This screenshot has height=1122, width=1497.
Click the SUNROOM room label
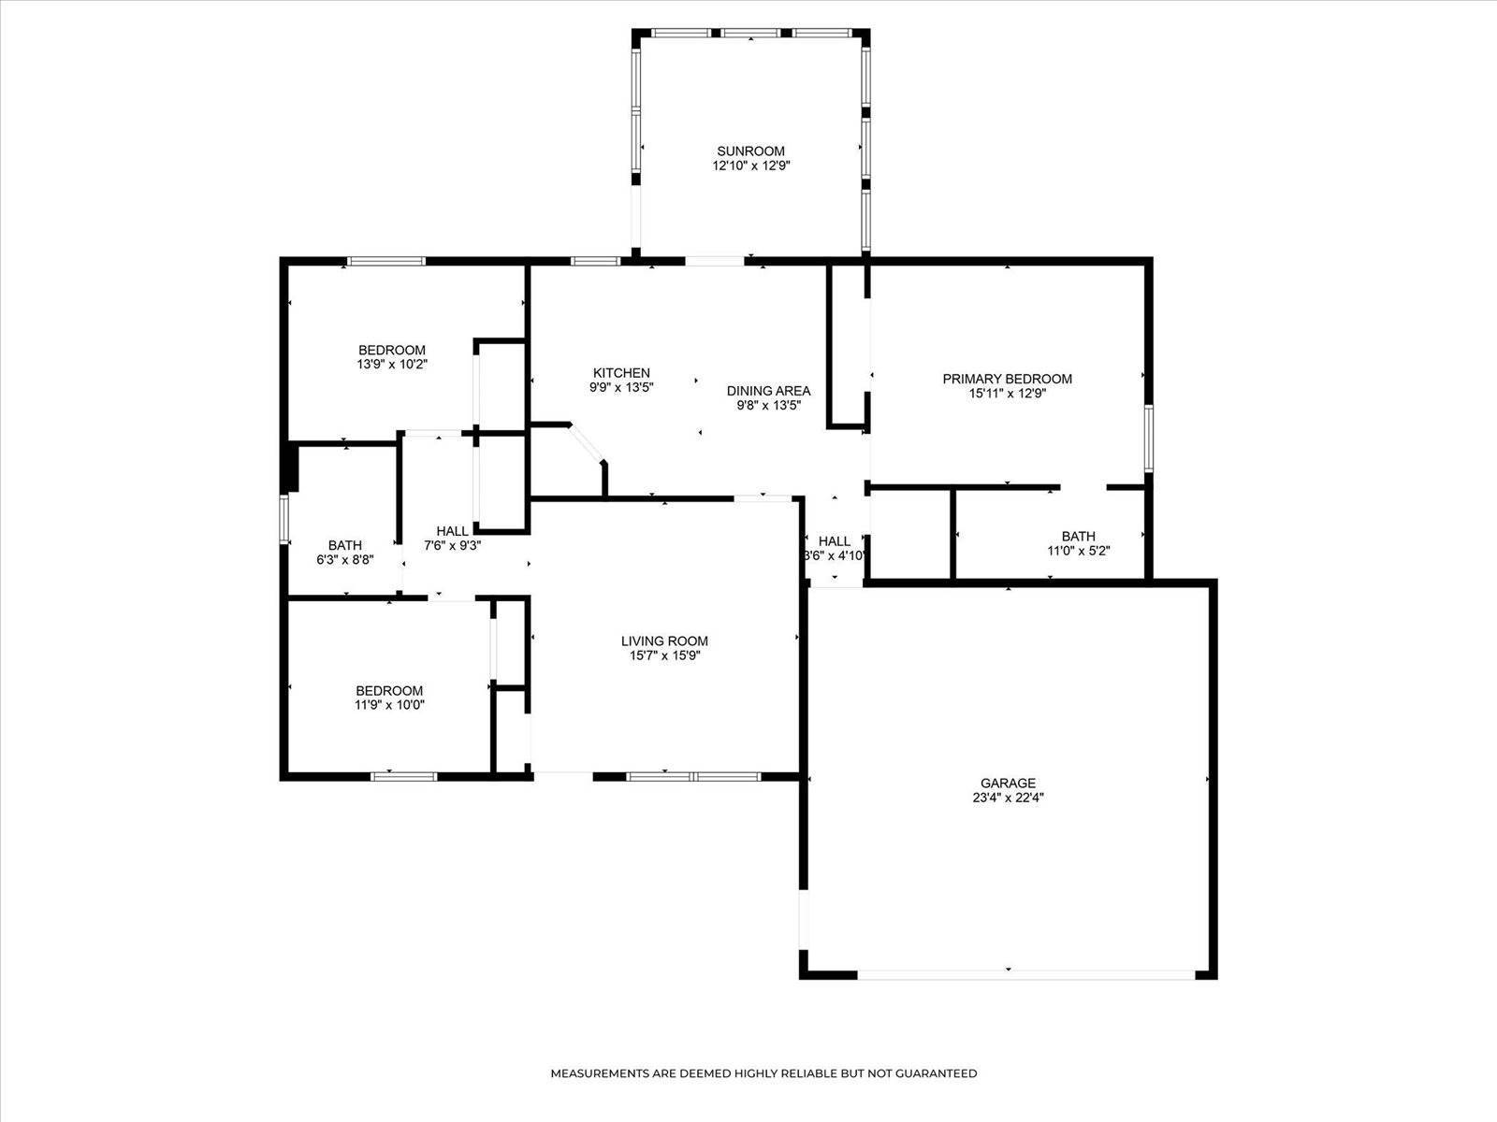tap(750, 151)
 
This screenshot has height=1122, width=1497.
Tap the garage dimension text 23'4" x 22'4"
tap(1008, 798)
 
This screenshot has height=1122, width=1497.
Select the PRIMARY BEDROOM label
tap(1007, 379)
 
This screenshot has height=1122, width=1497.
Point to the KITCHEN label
tap(621, 372)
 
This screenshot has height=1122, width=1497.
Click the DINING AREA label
tap(768, 391)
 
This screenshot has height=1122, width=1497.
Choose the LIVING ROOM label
tap(664, 640)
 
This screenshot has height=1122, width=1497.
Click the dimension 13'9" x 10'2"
tap(391, 365)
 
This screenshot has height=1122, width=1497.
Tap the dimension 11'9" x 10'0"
tap(389, 706)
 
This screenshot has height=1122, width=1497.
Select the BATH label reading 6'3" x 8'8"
tap(344, 545)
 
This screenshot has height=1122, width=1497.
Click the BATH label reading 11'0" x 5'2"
tap(1078, 536)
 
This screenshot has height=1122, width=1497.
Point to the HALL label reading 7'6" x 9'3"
tap(452, 531)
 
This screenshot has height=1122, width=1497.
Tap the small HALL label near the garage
tap(835, 540)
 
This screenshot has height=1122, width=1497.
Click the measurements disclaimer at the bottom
tap(763, 1073)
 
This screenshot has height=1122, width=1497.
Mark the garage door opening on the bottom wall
tap(1025, 974)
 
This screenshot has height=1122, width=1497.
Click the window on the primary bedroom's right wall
tap(1149, 437)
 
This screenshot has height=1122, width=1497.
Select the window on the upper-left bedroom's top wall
tap(386, 261)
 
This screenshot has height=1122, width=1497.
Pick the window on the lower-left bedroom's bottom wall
tap(404, 776)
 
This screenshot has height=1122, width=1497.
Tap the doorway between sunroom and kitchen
tap(716, 260)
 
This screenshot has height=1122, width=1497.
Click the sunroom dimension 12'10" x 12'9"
tap(750, 165)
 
